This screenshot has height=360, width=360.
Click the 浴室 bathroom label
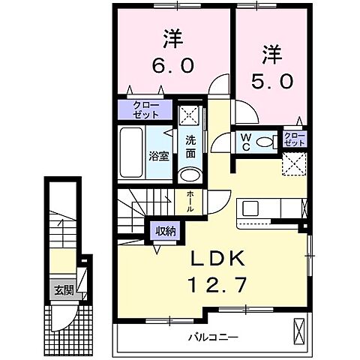click(x=158, y=157)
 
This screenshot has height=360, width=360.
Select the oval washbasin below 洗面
click(x=190, y=175)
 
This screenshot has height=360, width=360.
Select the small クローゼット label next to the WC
click(x=293, y=138)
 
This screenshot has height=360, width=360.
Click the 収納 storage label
click(x=166, y=230)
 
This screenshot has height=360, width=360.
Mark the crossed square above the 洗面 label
click(x=187, y=117)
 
